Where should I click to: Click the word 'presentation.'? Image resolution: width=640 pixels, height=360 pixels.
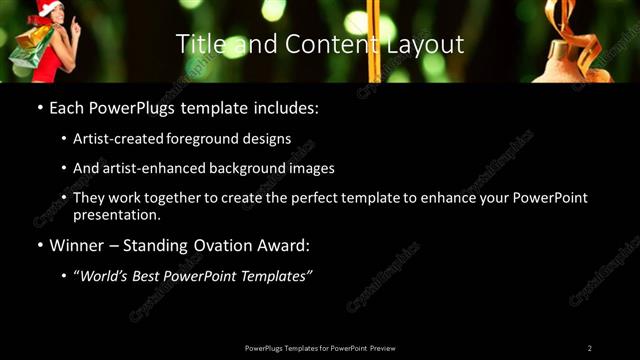pyautogui.click(x=116, y=214)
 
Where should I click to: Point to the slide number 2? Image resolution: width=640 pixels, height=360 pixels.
pyautogui.click(x=589, y=348)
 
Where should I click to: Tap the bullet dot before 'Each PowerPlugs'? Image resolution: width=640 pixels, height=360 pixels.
pyautogui.click(x=38, y=106)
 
